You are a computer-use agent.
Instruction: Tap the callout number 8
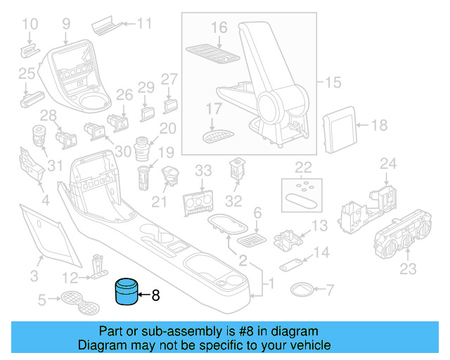[155, 295]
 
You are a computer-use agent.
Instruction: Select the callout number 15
[333, 82]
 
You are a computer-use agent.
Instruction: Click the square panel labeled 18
[340, 127]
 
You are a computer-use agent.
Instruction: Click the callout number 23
[408, 269]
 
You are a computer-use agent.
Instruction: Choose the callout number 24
[388, 164]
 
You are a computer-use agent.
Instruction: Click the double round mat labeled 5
[80, 303]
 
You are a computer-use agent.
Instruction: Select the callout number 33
[202, 171]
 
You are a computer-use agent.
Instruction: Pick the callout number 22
[303, 167]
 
